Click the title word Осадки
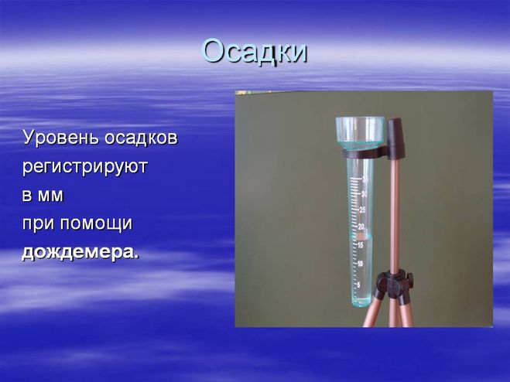click(255, 52)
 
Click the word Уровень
click(60, 138)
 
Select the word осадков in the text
click(141, 138)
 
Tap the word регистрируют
click(85, 167)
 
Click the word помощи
click(96, 224)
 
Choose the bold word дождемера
click(80, 252)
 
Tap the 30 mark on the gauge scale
click(365, 194)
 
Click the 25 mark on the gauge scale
click(362, 210)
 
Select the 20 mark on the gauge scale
click(361, 227)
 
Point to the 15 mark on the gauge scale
click(360, 245)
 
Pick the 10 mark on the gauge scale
click(360, 264)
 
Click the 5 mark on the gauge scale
click(359, 285)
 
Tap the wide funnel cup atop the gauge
click(360, 133)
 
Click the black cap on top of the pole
click(395, 138)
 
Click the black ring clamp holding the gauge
click(365, 153)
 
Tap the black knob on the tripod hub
click(409, 278)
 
